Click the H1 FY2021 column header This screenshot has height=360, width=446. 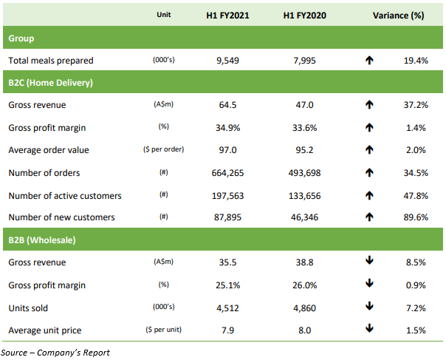tap(227, 15)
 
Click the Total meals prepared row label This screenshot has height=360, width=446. tap(51, 60)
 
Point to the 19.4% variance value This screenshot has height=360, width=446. tap(415, 60)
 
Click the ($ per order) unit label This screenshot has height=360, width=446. tap(164, 151)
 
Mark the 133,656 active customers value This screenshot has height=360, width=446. tap(304, 195)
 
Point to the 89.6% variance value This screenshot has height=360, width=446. tap(415, 217)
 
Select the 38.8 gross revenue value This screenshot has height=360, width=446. tap(304, 262)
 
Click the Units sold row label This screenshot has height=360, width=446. tap(29, 308)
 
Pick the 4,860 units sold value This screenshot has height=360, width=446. tap(304, 308)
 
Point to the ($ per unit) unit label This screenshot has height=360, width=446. tap(164, 330)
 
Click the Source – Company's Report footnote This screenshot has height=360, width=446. tap(55, 353)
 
